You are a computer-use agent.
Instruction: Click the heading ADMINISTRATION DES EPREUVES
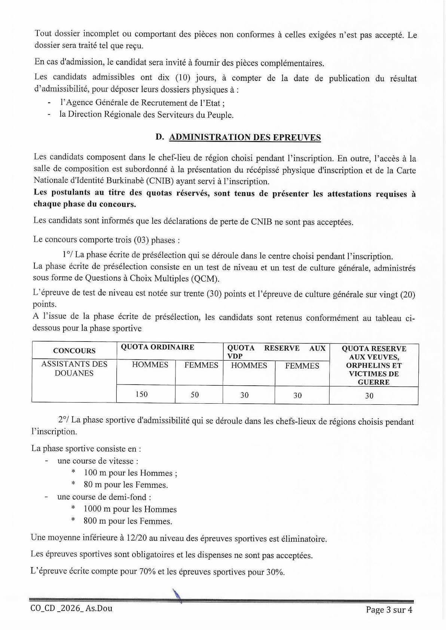[245, 137]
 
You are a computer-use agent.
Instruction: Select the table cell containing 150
[142, 394]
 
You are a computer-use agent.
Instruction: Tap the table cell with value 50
[195, 394]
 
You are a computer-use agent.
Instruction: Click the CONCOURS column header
[74, 351]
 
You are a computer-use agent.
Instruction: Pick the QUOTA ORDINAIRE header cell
[157, 347]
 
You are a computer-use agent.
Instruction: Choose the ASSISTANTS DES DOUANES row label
[74, 368]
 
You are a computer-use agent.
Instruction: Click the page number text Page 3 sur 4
[389, 610]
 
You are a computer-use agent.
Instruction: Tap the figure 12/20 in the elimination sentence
[140, 539]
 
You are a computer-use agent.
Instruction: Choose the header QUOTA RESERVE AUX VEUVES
[374, 352]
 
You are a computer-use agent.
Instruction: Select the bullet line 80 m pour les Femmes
[125, 485]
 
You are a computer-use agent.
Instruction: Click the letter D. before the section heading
[160, 137]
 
